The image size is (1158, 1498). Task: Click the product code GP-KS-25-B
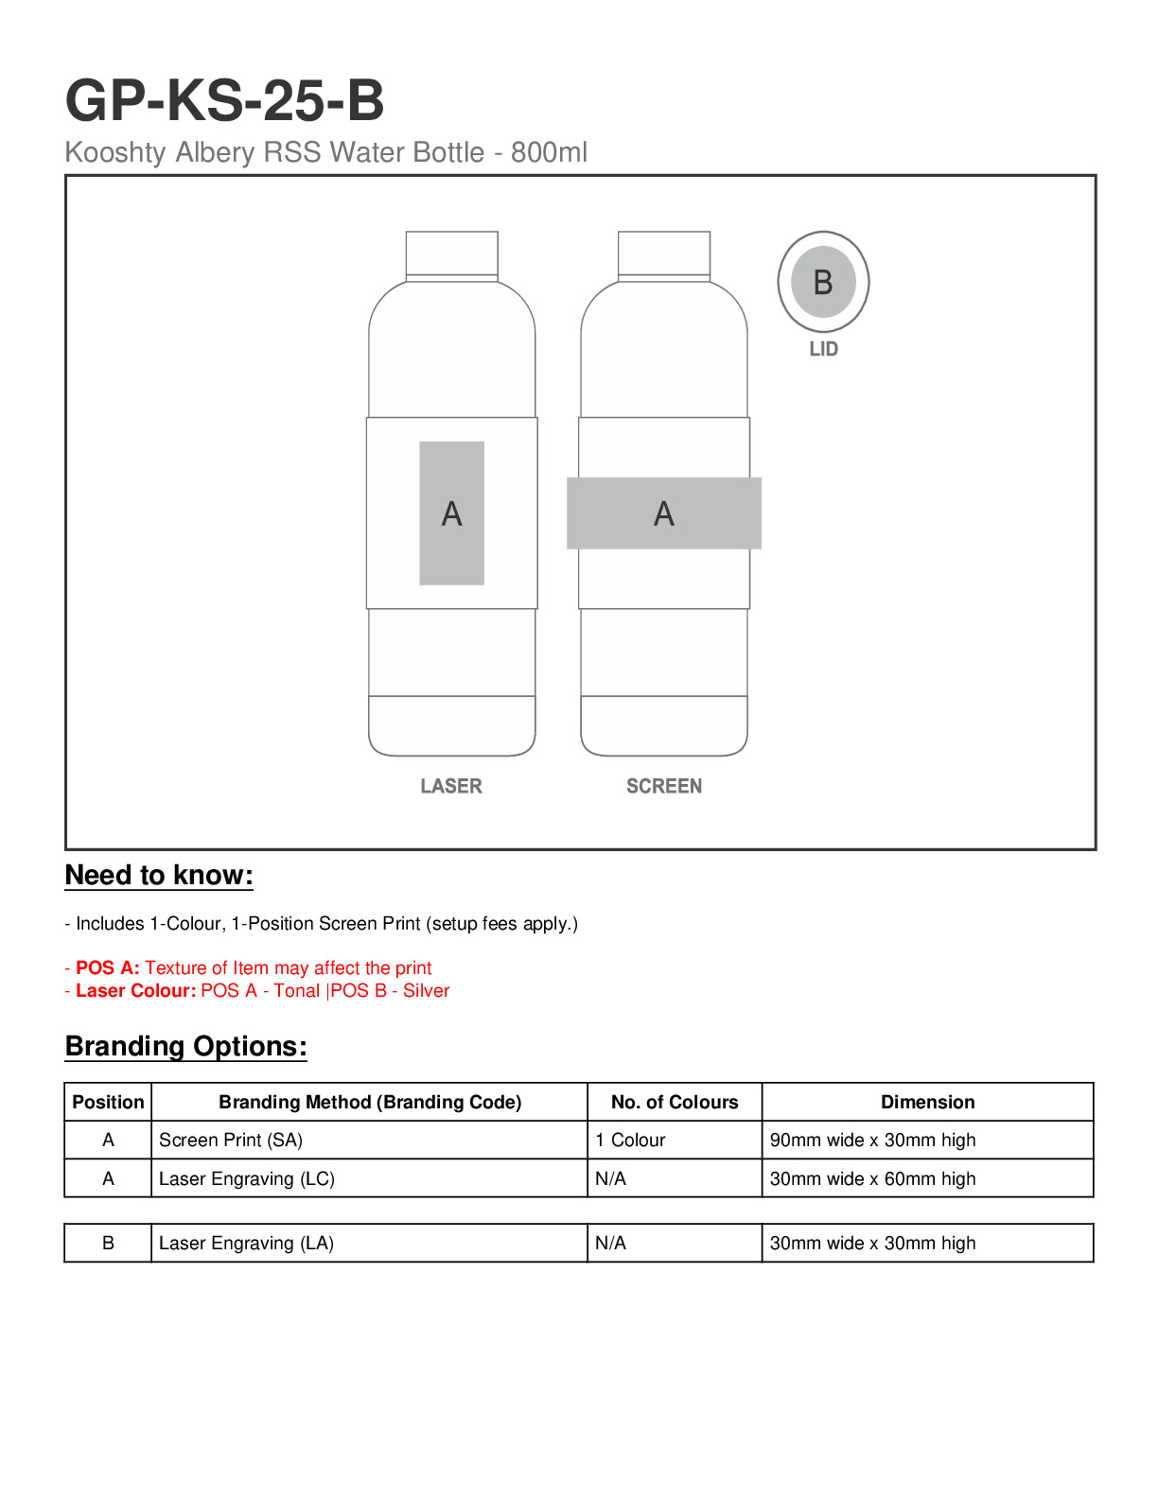[x=224, y=100]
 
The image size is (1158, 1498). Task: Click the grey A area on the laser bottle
[x=452, y=514]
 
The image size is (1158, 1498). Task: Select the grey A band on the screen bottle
[x=664, y=514]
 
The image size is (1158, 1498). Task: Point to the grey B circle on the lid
[x=823, y=282]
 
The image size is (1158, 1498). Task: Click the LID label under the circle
[x=823, y=349]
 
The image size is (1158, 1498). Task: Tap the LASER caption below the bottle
[x=451, y=786]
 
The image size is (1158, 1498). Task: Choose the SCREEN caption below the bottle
[x=664, y=786]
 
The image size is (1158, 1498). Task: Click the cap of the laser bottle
[x=452, y=254]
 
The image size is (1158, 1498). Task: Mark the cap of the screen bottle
[x=664, y=254]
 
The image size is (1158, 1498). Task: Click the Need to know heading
[x=159, y=875]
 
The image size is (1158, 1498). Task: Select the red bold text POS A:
[x=107, y=967]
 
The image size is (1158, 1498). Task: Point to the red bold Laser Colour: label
[x=135, y=990]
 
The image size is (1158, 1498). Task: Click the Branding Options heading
[x=185, y=1046]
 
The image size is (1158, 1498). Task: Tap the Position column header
[x=108, y=1102]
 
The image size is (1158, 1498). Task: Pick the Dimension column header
[x=927, y=1102]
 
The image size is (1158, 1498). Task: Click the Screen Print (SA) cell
[x=231, y=1140]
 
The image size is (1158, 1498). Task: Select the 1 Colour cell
[x=630, y=1140]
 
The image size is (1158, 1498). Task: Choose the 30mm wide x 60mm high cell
[x=872, y=1178]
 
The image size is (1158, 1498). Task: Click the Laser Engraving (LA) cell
[x=246, y=1243]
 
